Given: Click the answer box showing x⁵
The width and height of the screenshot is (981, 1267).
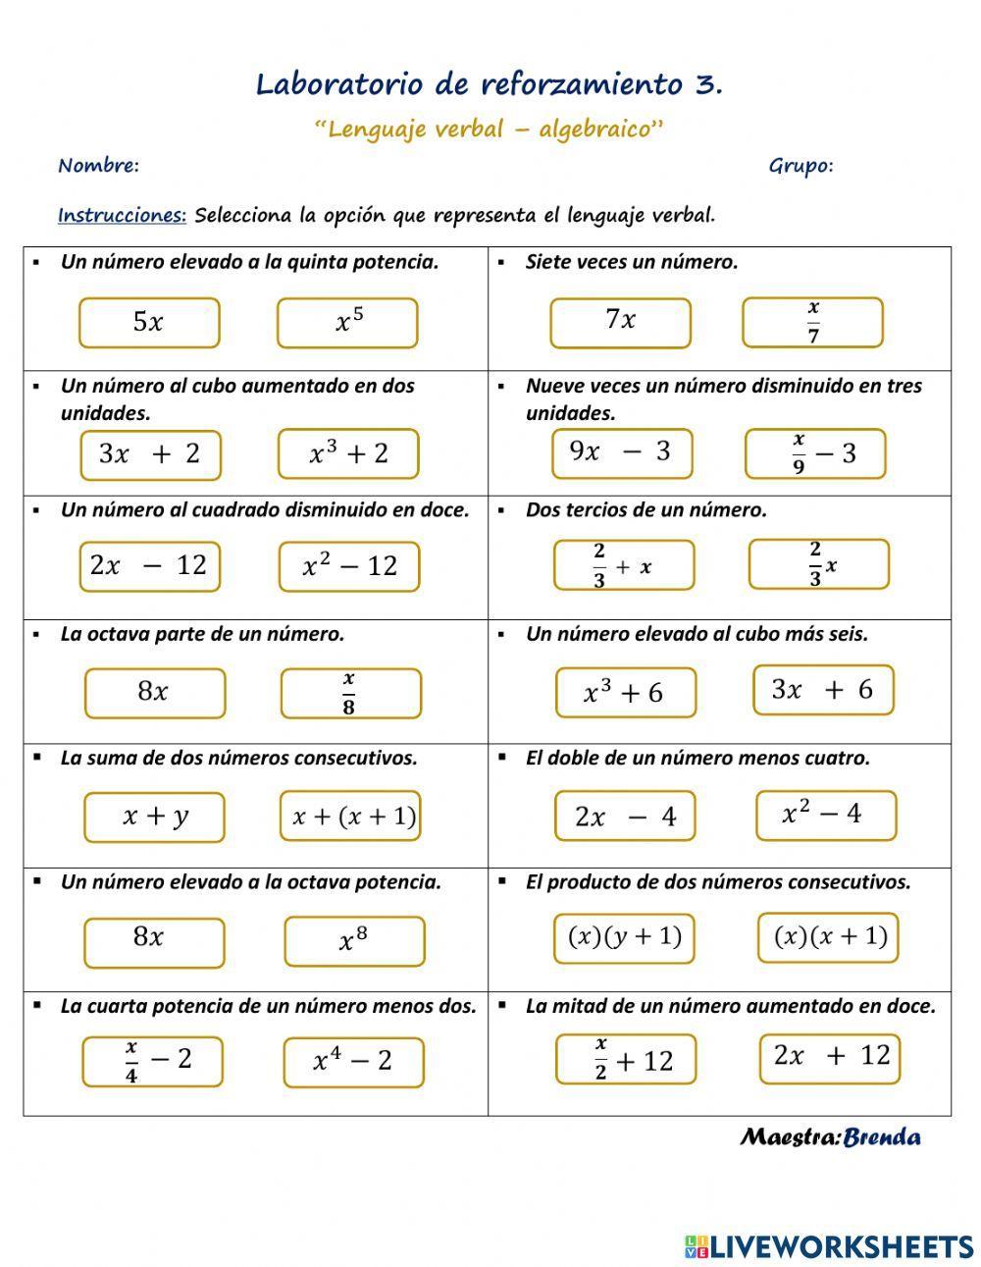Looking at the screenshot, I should point(347,323).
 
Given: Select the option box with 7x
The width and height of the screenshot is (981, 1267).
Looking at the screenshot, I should point(620,322).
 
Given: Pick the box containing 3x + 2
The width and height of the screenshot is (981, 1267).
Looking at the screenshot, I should point(150,454).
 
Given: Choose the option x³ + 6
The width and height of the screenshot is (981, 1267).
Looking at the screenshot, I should point(625,693).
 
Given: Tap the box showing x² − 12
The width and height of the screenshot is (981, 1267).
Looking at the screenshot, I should point(348,566).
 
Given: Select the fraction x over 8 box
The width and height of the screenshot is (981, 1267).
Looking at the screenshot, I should point(350,693).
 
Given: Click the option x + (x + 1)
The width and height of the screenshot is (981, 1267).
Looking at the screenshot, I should point(350,816).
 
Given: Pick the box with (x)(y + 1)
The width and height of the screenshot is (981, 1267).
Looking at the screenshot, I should point(625,937).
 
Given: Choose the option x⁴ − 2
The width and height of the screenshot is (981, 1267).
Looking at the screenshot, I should point(353,1061).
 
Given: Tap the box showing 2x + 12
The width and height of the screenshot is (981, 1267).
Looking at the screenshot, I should point(830,1057).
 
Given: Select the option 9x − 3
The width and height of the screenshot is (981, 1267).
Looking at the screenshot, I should point(622,452).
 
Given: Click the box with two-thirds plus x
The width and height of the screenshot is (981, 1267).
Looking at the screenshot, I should point(624,565).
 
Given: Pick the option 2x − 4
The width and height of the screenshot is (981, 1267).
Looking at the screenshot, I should point(625,817).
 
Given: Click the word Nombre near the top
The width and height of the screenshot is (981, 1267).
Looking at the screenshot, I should point(98,166).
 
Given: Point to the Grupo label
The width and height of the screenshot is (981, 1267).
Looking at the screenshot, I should point(800,166).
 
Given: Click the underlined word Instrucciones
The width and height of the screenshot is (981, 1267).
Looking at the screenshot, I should point(122,216).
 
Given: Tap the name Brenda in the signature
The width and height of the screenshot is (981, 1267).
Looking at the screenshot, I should point(882,1137).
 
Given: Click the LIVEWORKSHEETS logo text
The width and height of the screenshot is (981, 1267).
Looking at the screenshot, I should point(841,1246).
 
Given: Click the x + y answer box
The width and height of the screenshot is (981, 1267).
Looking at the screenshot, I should point(154,817).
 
